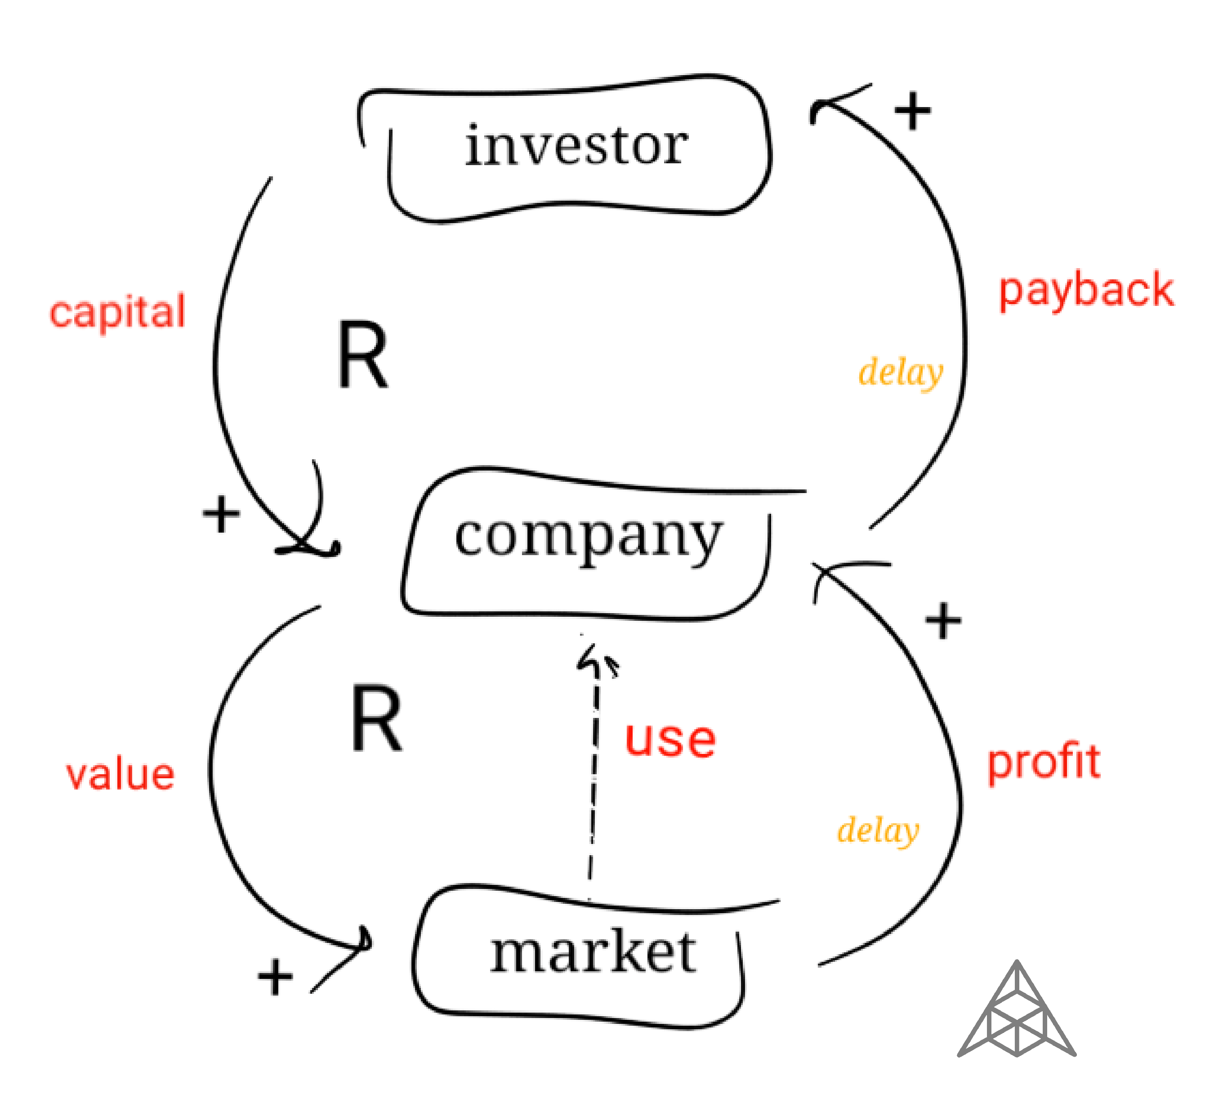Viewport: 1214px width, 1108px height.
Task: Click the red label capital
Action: (x=117, y=312)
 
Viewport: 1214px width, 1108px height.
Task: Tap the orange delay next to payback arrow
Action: (x=900, y=372)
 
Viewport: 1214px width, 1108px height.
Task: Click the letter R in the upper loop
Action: (x=362, y=355)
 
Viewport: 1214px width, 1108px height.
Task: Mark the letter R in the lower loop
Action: (x=376, y=719)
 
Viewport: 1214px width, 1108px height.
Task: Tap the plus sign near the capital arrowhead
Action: (x=221, y=514)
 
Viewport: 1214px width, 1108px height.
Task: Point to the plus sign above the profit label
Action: (x=942, y=620)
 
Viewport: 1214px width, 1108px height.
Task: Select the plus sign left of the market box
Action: (x=275, y=977)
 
